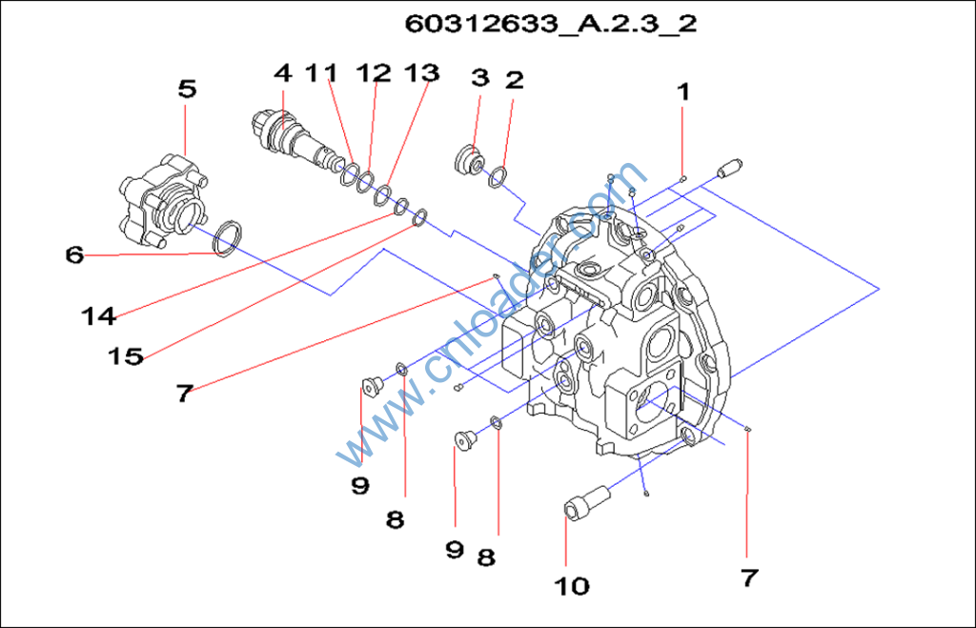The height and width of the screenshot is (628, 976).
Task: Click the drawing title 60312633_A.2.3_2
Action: point(551,24)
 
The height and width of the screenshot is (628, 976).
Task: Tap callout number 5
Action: point(187,89)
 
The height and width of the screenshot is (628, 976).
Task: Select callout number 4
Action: point(283,72)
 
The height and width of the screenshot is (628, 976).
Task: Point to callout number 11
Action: point(321,72)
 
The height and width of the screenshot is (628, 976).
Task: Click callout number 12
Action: point(374,72)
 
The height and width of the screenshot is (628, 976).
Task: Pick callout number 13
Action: point(421,72)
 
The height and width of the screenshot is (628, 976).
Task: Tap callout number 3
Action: point(479,77)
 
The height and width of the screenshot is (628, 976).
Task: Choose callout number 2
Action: point(515,80)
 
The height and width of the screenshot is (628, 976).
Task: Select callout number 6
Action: point(74,255)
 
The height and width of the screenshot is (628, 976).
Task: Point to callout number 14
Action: point(99,316)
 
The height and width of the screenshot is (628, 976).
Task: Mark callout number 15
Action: point(125,356)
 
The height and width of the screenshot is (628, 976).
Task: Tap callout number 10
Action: point(572,585)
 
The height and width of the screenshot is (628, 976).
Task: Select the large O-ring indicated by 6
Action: point(226,239)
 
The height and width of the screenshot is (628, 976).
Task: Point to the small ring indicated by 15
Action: point(418,219)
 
